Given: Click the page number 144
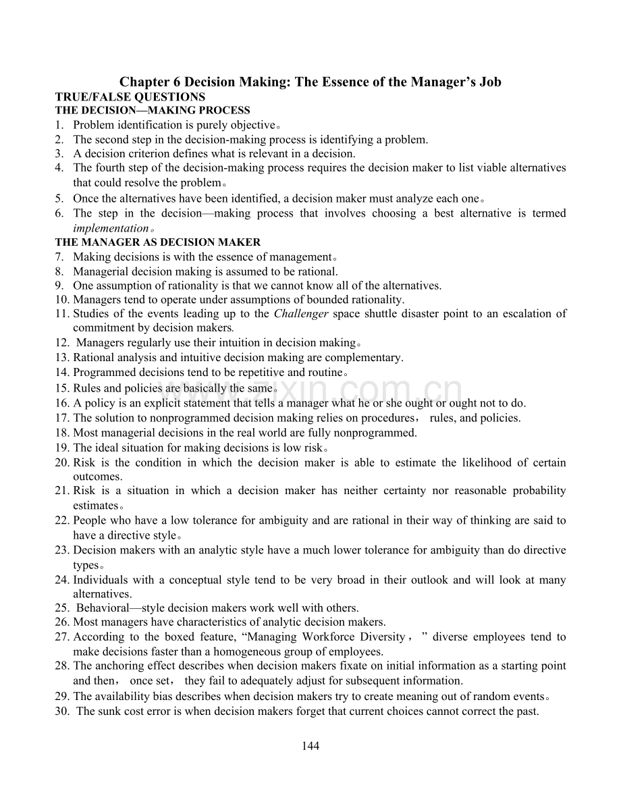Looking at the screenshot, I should [x=310, y=746].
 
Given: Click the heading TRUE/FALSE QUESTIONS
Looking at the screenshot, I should [x=130, y=97].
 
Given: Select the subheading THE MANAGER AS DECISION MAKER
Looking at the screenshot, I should [x=157, y=242].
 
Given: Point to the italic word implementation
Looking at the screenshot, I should [x=110, y=228].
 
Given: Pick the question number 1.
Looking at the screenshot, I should [x=59, y=125].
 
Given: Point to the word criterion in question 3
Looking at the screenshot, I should [x=138, y=154].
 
